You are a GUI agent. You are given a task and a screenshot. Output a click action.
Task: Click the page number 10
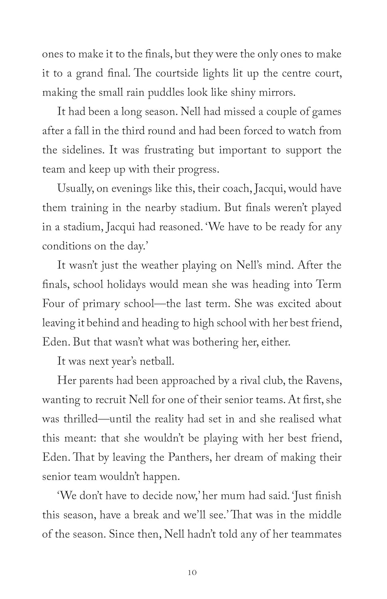[192, 573]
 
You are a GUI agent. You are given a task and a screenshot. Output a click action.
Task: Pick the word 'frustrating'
[169, 151]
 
